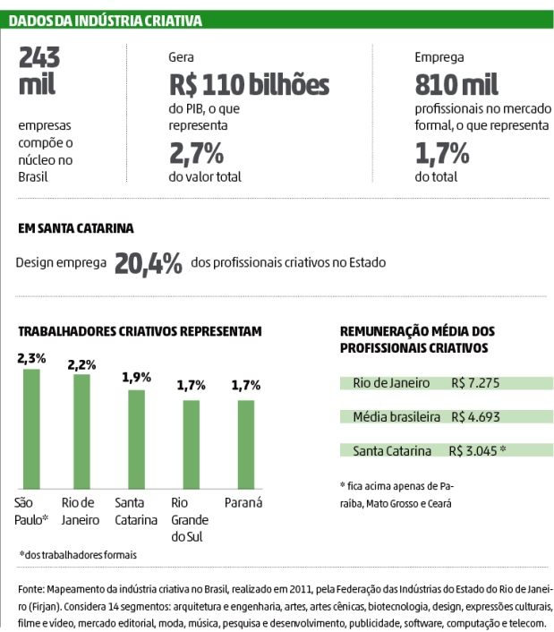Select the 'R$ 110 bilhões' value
click(249, 85)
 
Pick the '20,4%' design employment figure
click(149, 263)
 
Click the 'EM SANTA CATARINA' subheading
click(76, 228)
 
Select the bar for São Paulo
click(31, 425)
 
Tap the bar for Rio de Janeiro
click(82, 429)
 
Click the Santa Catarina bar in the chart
click(136, 437)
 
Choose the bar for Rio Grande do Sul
click(191, 442)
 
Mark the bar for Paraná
click(244, 442)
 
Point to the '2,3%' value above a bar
click(31, 358)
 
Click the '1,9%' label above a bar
click(136, 377)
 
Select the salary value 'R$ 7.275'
click(479, 383)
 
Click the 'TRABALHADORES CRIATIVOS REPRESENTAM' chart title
click(140, 331)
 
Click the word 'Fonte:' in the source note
click(34, 592)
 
